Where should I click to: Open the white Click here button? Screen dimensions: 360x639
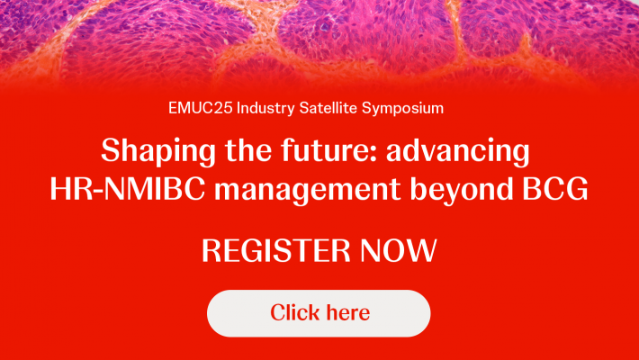click(x=319, y=313)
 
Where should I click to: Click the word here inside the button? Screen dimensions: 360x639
click(x=346, y=313)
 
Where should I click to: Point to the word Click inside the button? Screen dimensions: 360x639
click(x=294, y=313)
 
